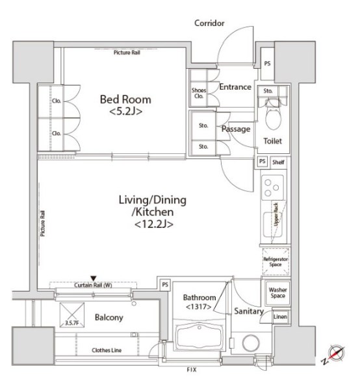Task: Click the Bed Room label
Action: (x=125, y=105)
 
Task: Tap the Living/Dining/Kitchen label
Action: (x=153, y=212)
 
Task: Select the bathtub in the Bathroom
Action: (x=199, y=337)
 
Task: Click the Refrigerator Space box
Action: (x=276, y=262)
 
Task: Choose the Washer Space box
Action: (x=277, y=293)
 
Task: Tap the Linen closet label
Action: (x=280, y=316)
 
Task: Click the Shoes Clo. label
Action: (x=199, y=93)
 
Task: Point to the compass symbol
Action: (x=336, y=353)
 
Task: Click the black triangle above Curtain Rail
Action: (x=94, y=278)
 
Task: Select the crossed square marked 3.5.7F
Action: (x=72, y=314)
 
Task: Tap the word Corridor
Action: (x=209, y=23)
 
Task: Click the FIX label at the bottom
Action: (x=192, y=370)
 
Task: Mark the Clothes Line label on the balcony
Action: (x=107, y=350)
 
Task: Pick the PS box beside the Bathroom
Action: (x=165, y=285)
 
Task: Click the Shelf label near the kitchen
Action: (x=278, y=162)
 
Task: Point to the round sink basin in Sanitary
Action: (x=251, y=343)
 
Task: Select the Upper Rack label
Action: (x=276, y=215)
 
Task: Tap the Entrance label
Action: (x=235, y=87)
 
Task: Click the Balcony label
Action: (x=109, y=318)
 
